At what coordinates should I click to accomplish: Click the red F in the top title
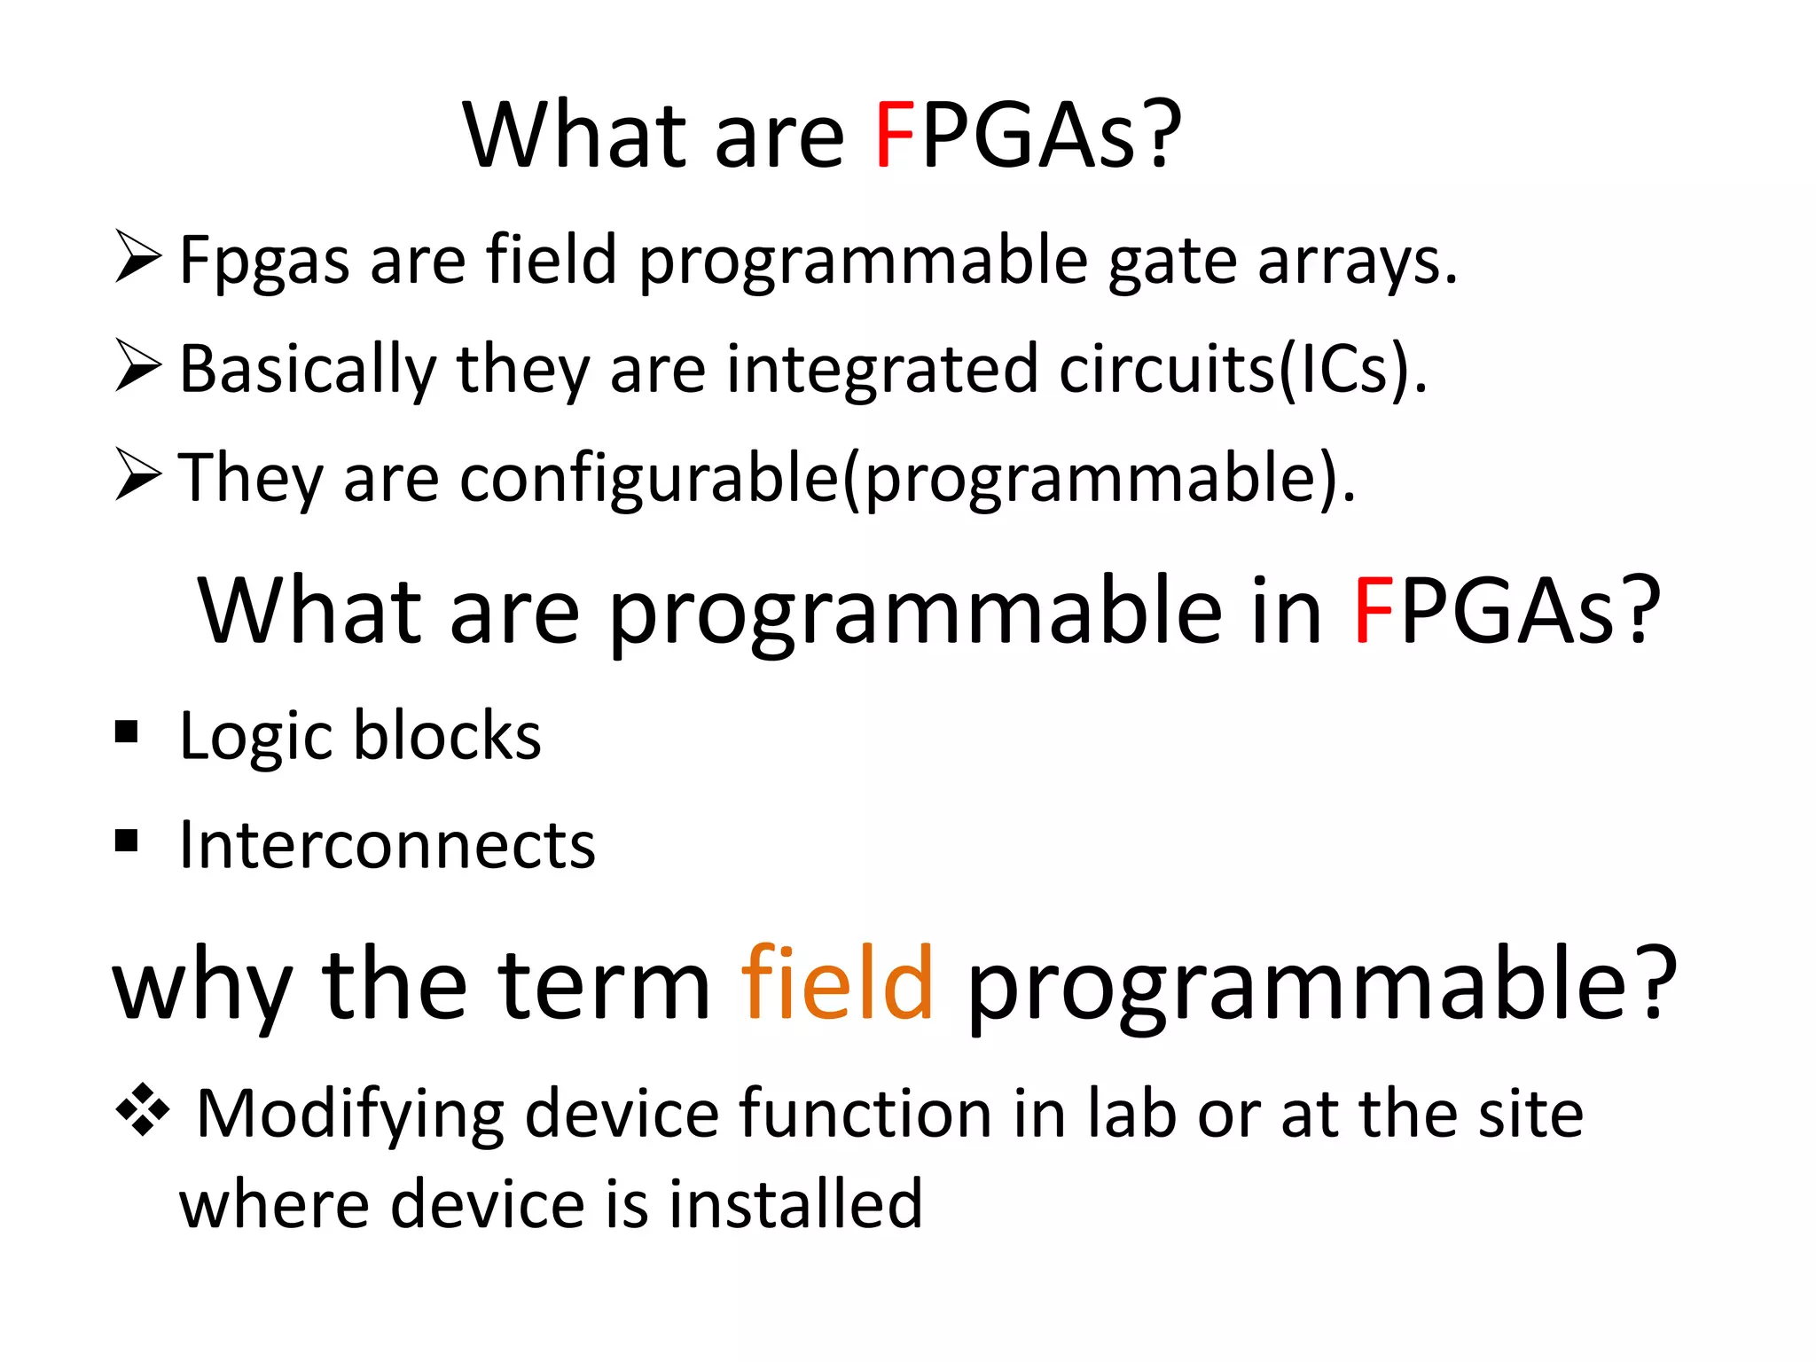[894, 137]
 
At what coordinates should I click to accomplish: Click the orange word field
[837, 984]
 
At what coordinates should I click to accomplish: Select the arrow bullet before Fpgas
[138, 256]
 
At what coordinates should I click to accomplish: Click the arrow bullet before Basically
[138, 365]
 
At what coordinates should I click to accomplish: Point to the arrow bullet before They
[138, 474]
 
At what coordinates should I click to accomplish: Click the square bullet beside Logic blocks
[127, 732]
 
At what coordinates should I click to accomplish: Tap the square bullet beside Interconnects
[127, 840]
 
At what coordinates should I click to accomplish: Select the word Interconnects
[387, 845]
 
